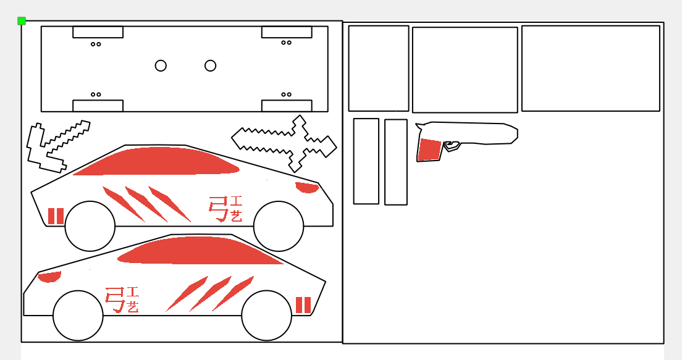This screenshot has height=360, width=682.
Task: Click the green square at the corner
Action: (x=21, y=21)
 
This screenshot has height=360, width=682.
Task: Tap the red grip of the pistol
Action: (x=430, y=149)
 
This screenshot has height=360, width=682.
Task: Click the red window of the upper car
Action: (x=156, y=161)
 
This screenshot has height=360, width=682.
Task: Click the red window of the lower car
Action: (x=201, y=251)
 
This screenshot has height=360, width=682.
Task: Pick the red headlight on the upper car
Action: (x=307, y=187)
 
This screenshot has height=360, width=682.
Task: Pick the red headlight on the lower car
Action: (x=49, y=277)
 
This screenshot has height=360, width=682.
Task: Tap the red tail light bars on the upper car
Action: (x=56, y=216)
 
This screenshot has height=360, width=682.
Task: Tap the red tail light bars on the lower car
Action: (x=303, y=305)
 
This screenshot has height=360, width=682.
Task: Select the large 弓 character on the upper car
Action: (x=218, y=209)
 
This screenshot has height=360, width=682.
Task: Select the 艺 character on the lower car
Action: (x=133, y=307)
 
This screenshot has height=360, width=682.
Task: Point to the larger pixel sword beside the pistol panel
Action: (x=284, y=143)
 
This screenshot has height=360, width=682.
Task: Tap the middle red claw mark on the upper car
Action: (x=146, y=204)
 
